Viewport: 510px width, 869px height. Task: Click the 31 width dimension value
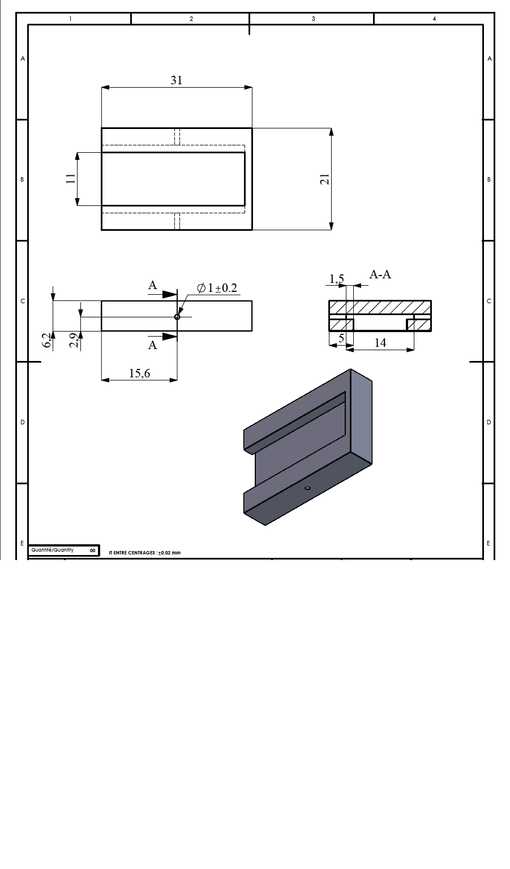point(177,80)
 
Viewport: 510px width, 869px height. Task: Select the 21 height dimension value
point(324,179)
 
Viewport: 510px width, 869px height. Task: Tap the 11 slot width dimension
point(70,178)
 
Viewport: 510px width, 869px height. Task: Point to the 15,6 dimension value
point(139,373)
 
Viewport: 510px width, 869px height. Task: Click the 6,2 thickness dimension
point(47,340)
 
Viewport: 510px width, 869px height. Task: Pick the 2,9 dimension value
point(75,340)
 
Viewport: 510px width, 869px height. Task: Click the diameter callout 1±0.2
point(217,288)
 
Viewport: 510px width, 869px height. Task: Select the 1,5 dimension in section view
point(336,278)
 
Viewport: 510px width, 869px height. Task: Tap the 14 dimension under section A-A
point(380,342)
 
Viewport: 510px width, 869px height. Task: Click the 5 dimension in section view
point(341,338)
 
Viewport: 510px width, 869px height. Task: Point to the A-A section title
point(380,274)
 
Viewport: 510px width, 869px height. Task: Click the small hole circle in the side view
point(177,317)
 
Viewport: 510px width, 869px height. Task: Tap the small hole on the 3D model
point(307,488)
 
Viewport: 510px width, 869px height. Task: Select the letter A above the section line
point(152,285)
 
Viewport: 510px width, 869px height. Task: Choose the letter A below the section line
point(152,345)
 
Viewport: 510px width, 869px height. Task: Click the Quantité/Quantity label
point(53,550)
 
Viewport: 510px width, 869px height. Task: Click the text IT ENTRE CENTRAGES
point(132,553)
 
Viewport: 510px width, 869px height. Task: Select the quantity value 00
point(92,550)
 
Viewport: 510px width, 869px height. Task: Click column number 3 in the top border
point(313,19)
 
